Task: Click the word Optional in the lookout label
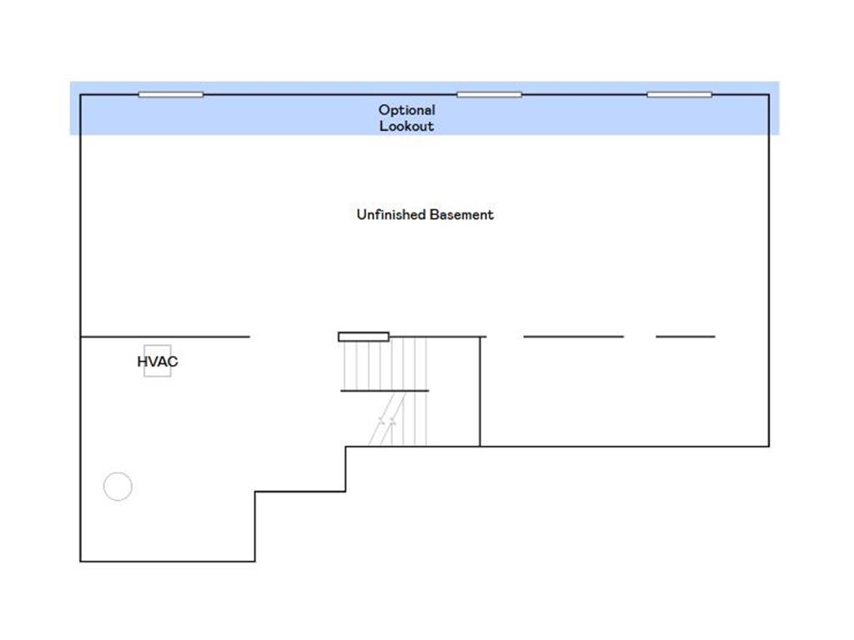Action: pyautogui.click(x=407, y=110)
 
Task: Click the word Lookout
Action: pyautogui.click(x=407, y=127)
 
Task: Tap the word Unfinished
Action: pyautogui.click(x=390, y=214)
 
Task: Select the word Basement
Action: pyautogui.click(x=460, y=214)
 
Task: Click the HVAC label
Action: pyautogui.click(x=158, y=362)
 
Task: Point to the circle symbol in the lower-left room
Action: pyautogui.click(x=118, y=486)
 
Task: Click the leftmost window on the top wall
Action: pyautogui.click(x=170, y=95)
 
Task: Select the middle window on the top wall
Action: pyautogui.click(x=489, y=95)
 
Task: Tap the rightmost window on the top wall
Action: pyautogui.click(x=679, y=95)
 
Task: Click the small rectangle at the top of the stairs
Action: pyautogui.click(x=364, y=337)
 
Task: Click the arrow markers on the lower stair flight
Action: pyautogui.click(x=387, y=420)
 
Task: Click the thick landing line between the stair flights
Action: pyautogui.click(x=384, y=391)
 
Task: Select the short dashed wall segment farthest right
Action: pyautogui.click(x=686, y=337)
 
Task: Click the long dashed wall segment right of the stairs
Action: pyautogui.click(x=574, y=337)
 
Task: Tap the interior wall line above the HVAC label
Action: pyautogui.click(x=165, y=337)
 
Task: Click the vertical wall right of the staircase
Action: pyautogui.click(x=480, y=392)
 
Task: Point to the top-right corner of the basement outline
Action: pyautogui.click(x=769, y=95)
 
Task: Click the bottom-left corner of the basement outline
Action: pyautogui.click(x=81, y=561)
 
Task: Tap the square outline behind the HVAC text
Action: pyautogui.click(x=158, y=361)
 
